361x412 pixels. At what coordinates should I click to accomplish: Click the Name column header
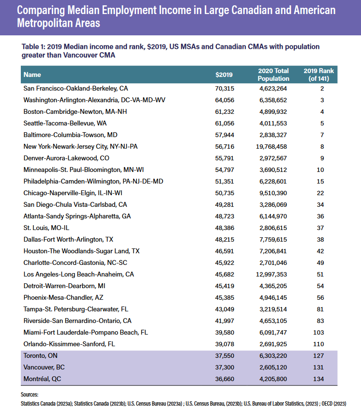point(32,75)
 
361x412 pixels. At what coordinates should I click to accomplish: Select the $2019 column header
point(224,75)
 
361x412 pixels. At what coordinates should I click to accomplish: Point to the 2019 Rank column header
point(318,75)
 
